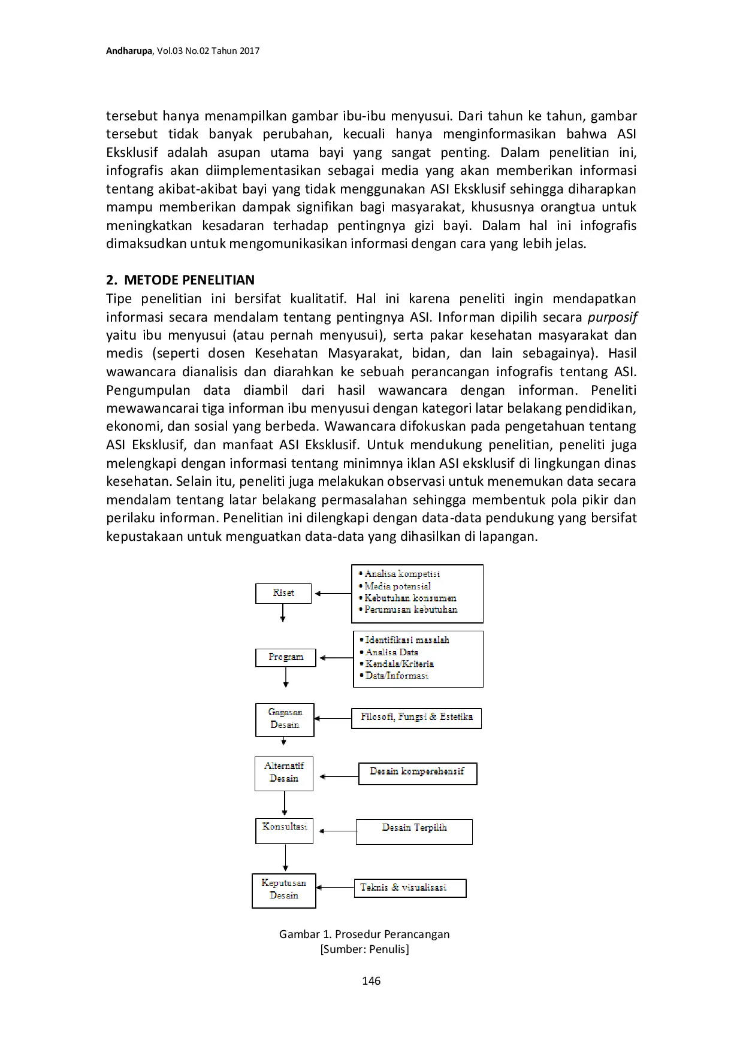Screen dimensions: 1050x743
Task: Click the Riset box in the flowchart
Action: coord(283,593)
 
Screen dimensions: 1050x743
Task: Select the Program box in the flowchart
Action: coord(286,657)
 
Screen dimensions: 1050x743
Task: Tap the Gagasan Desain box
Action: coord(285,719)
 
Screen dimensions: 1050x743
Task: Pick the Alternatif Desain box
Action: coord(284,773)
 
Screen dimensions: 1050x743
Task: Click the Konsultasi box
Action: coord(285,830)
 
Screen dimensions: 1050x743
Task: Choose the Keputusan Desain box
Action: coord(284,890)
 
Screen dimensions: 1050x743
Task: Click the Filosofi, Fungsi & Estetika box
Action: coord(416,718)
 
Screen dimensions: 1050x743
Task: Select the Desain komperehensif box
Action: coord(417,773)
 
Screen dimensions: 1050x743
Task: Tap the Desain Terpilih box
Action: coord(414,831)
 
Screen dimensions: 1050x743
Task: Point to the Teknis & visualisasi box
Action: coord(410,888)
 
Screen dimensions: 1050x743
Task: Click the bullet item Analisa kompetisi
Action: coord(402,574)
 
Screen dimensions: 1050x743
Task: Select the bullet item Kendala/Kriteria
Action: coord(399,664)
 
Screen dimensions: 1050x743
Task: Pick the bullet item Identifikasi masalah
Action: coord(407,640)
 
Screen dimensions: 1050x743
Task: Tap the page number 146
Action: coord(371,981)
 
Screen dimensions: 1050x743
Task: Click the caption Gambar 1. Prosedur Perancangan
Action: coord(364,934)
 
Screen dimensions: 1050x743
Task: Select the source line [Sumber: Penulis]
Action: coord(364,949)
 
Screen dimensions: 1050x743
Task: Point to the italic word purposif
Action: coord(612,317)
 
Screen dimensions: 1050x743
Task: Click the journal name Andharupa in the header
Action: coord(129,51)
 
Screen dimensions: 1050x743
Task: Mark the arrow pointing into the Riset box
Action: coord(332,594)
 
